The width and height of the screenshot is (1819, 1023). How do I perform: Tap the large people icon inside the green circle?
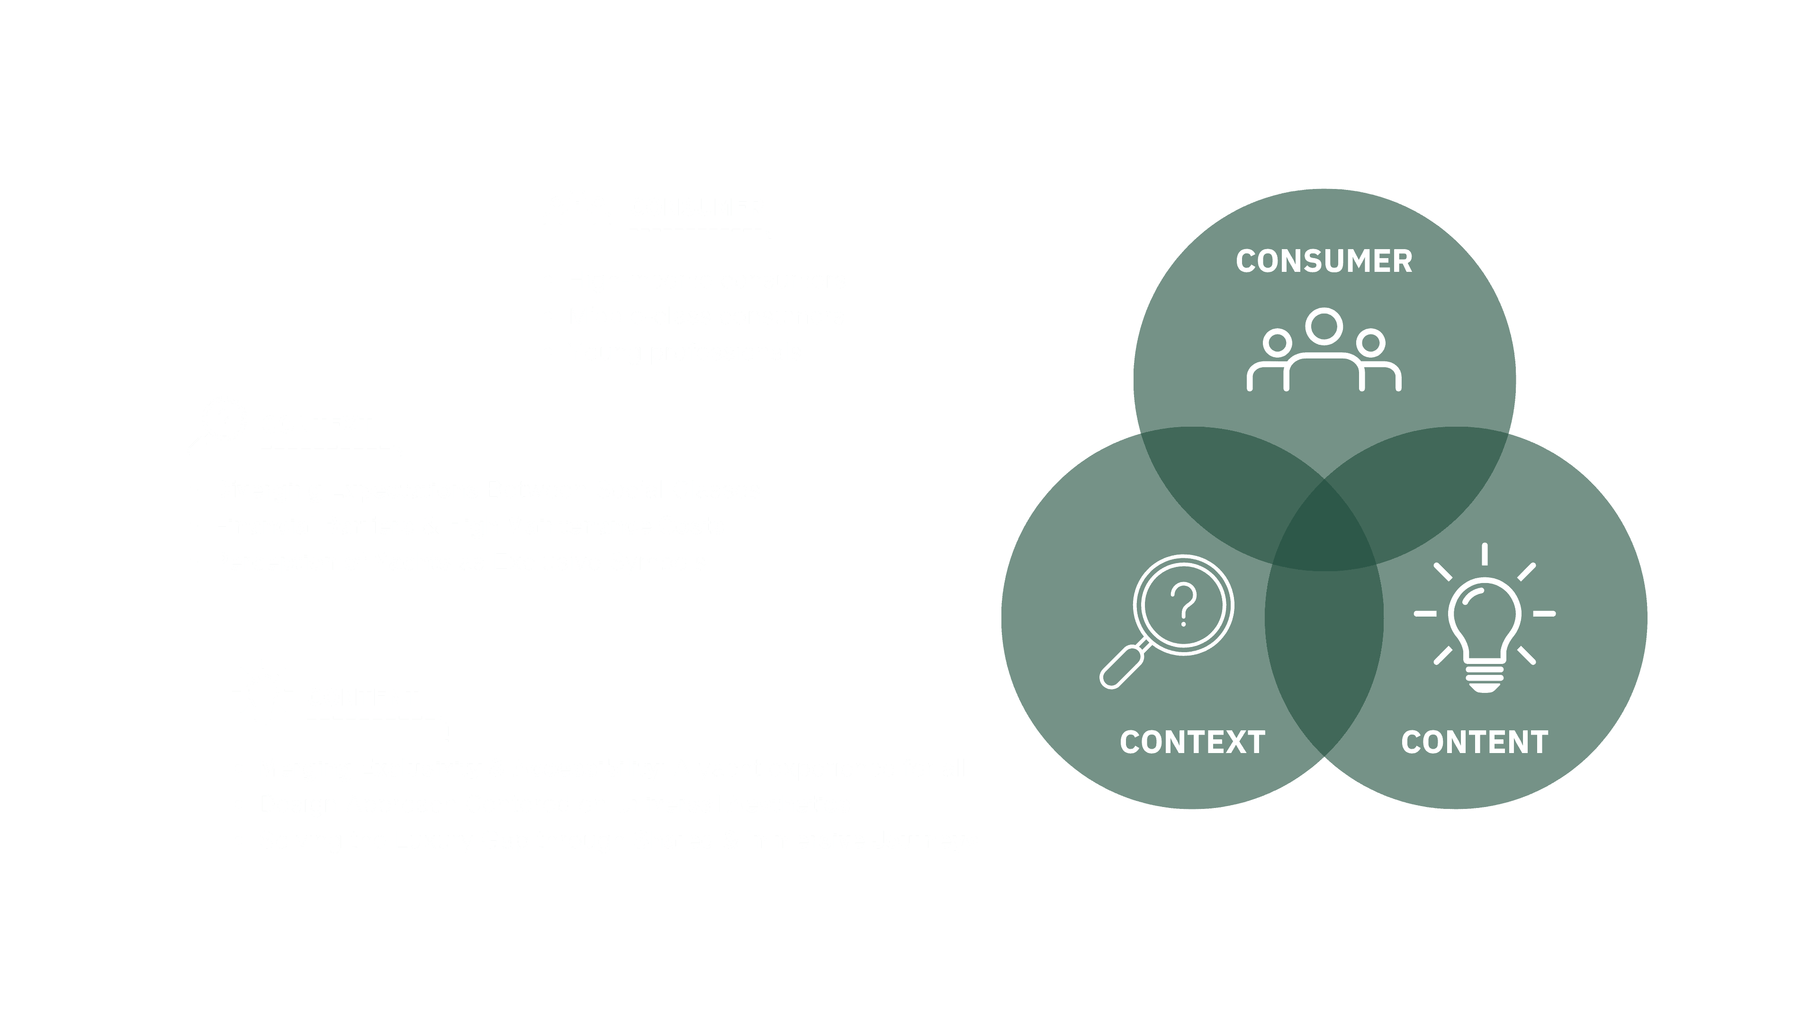pos(1324,350)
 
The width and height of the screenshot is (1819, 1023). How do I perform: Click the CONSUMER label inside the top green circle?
pos(1324,261)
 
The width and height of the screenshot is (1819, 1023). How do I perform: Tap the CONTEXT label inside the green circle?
pos(1192,743)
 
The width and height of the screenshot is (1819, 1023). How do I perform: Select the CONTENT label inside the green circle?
pos(1475,743)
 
